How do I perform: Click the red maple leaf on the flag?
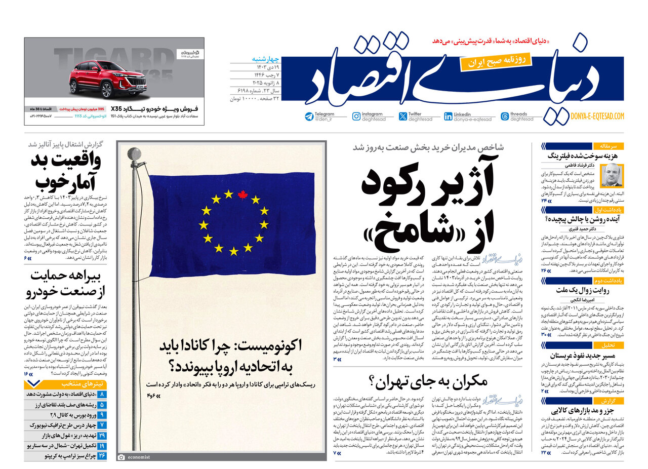tap(241, 194)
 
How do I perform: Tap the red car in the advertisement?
tap(100, 80)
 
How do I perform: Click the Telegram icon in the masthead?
tap(309, 116)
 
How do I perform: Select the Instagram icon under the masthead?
tap(356, 116)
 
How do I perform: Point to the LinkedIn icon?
tap(448, 116)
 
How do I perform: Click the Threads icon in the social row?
tap(504, 116)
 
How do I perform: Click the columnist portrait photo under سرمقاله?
tap(612, 176)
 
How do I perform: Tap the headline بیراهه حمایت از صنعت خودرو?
tap(66, 284)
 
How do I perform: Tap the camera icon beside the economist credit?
tap(121, 457)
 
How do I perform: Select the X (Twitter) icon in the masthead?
tap(403, 116)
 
